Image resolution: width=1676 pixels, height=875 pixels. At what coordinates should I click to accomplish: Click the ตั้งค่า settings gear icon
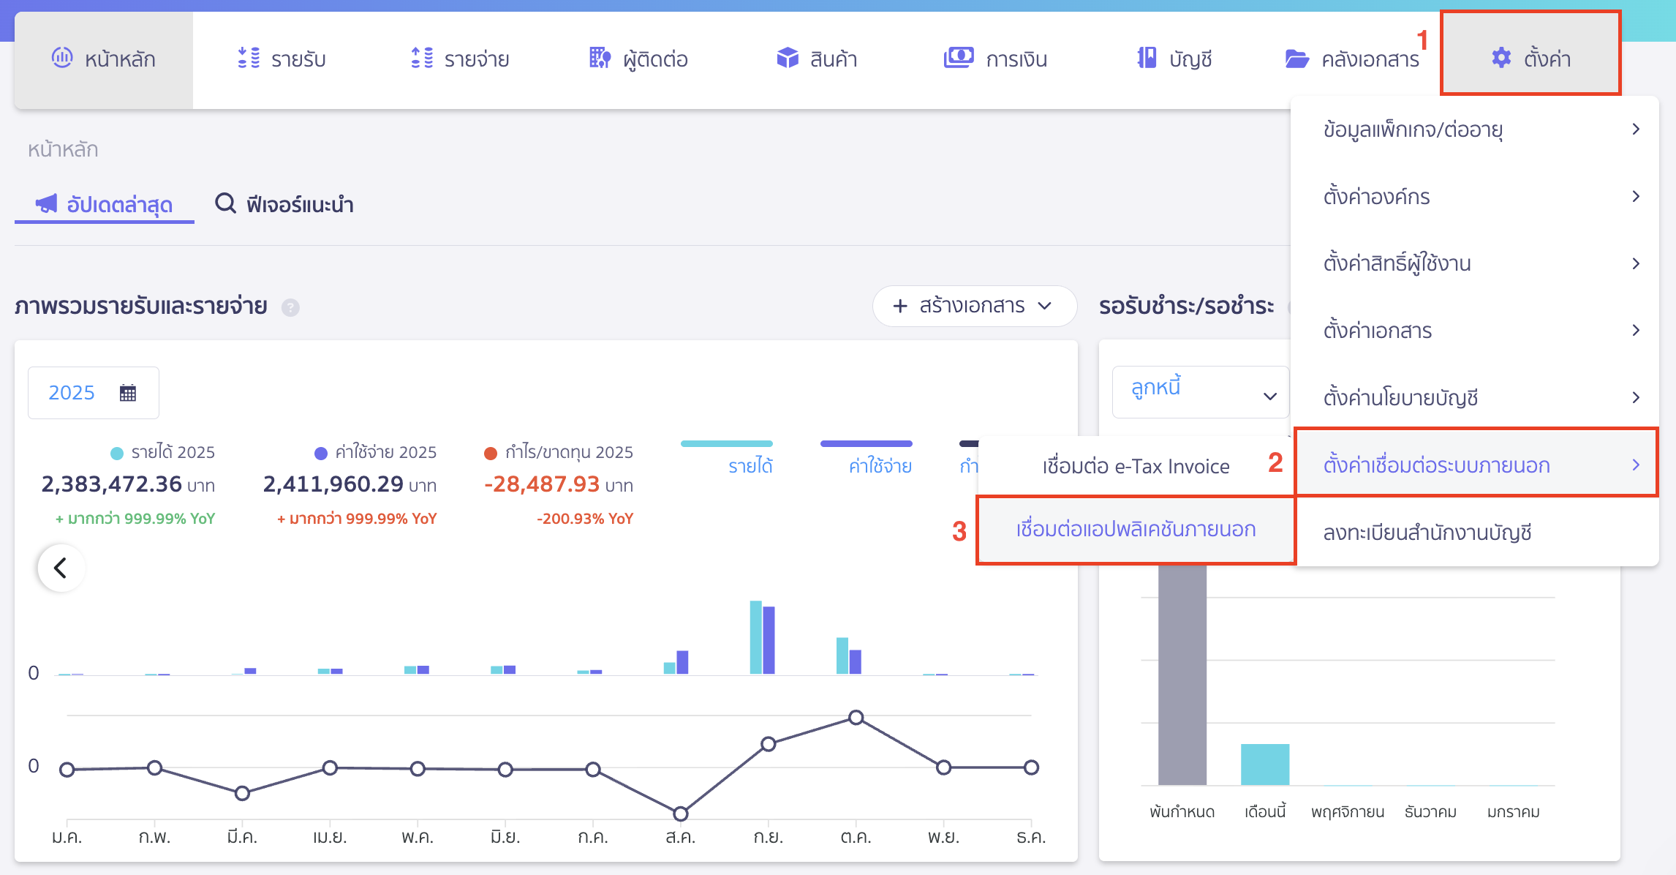point(1501,58)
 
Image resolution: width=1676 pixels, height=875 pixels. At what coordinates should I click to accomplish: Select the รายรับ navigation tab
point(282,59)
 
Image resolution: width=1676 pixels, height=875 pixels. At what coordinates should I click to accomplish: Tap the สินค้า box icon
point(788,58)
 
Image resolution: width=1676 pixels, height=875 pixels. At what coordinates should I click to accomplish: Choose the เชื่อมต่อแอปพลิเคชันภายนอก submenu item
point(1136,530)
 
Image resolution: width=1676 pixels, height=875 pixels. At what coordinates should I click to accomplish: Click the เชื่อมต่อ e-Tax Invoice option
point(1136,466)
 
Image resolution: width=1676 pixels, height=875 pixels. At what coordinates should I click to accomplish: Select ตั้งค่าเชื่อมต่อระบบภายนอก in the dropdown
point(1476,465)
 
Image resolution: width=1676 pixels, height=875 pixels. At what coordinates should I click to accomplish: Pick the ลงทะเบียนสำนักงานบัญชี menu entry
point(1427,533)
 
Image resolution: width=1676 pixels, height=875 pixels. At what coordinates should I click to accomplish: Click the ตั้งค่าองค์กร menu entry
point(1376,197)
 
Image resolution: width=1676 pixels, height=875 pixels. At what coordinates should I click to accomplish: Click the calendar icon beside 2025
point(128,393)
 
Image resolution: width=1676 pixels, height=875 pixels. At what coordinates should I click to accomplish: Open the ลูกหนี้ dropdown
point(1200,392)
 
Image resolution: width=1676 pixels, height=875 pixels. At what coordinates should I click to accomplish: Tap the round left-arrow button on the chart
point(61,568)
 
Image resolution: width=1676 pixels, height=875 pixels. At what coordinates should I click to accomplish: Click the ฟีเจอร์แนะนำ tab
point(284,204)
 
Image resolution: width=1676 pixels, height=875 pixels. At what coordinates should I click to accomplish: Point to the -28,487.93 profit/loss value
point(542,484)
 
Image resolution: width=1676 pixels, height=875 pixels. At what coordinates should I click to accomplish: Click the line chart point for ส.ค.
point(680,814)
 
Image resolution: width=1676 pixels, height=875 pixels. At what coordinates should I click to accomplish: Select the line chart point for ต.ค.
point(856,717)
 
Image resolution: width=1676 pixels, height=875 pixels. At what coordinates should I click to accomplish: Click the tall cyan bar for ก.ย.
point(755,637)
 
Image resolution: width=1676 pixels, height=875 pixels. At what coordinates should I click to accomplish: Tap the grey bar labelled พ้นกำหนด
point(1182,673)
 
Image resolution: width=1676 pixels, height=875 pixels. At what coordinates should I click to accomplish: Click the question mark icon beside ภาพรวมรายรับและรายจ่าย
point(290,307)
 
